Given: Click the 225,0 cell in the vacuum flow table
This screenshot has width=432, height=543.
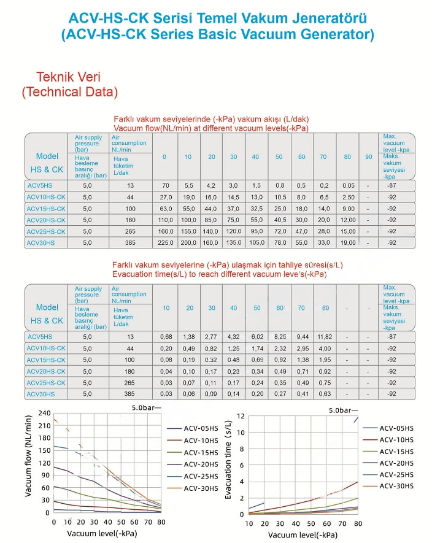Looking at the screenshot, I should tap(164, 242).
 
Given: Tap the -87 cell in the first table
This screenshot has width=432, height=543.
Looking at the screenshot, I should tap(390, 185).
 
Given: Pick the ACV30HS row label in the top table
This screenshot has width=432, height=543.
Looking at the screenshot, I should tap(40, 242).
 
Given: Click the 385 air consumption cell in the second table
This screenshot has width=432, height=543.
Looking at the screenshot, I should tap(129, 393).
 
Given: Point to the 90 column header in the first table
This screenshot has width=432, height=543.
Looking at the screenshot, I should tap(368, 157).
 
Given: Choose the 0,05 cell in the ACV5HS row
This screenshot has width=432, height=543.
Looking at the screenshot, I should tap(348, 185).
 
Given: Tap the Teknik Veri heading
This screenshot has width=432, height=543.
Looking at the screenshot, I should tap(69, 78).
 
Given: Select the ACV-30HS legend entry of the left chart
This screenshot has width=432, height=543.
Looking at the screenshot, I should tap(201, 488).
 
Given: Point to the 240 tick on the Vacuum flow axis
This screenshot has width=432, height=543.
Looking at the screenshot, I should tap(44, 413).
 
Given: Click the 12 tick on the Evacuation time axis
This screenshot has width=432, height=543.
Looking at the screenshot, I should tap(241, 416).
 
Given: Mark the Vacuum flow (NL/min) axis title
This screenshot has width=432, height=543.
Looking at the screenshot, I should tap(28, 463).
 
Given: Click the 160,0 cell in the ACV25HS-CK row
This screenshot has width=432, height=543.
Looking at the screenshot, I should tap(164, 231).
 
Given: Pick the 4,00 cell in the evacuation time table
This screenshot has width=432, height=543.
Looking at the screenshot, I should tap(325, 349).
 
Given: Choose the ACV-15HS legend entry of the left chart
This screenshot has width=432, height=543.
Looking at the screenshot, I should tap(201, 452).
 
